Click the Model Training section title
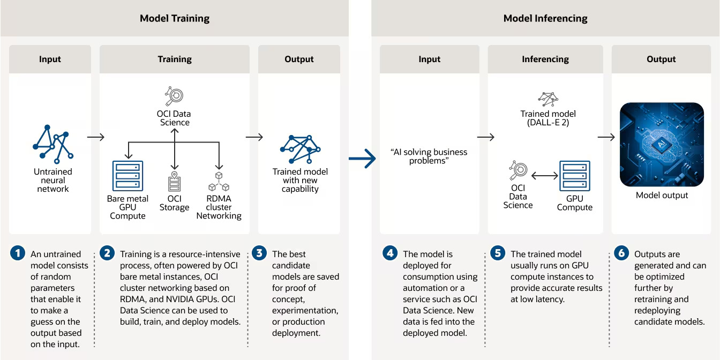[x=175, y=18]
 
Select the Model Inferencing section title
[x=545, y=18]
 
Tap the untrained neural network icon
[x=52, y=144]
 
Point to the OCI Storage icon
[x=174, y=180]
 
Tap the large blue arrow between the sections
[x=363, y=158]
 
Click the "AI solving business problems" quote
[x=430, y=156]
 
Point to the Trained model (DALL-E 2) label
[x=548, y=118]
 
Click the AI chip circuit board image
[x=662, y=145]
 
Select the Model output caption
[x=662, y=195]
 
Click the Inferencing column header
[x=545, y=59]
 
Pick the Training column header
[x=175, y=59]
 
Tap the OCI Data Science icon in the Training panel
[x=174, y=96]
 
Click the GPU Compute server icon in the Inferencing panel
[x=575, y=176]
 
